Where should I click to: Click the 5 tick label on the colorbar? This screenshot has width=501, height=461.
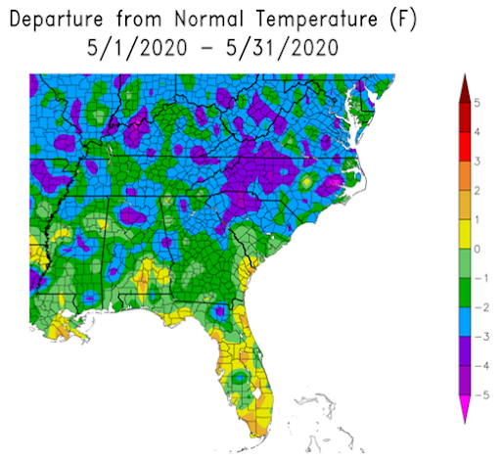point(477,102)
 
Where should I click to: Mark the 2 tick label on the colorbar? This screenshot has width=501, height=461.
point(477,190)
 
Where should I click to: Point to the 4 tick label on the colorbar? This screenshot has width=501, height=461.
point(477,131)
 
